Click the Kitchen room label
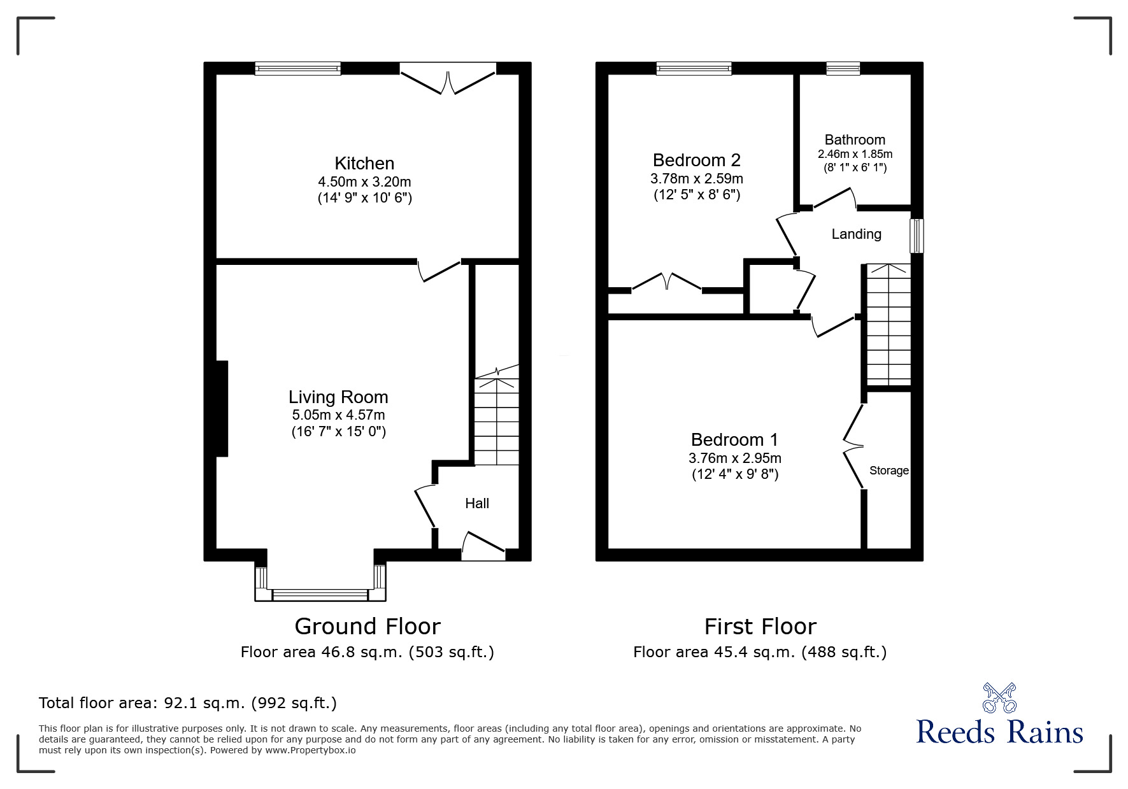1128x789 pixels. [x=364, y=163]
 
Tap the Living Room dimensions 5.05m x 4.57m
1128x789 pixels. [x=338, y=415]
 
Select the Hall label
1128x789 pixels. [x=476, y=503]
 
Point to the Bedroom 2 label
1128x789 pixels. [x=696, y=160]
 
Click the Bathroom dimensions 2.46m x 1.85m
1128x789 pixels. [x=855, y=154]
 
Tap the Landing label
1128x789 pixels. [x=856, y=234]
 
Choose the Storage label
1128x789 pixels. [x=889, y=471]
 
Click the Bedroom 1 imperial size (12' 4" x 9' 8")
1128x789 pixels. [x=734, y=474]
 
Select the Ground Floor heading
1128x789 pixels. [x=368, y=627]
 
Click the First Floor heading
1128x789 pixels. [x=760, y=627]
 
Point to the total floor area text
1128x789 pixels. [x=188, y=703]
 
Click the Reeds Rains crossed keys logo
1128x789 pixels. [x=999, y=698]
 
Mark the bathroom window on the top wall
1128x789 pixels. [x=843, y=68]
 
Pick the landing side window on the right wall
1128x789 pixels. [x=916, y=236]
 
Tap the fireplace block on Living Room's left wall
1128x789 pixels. [x=222, y=408]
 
